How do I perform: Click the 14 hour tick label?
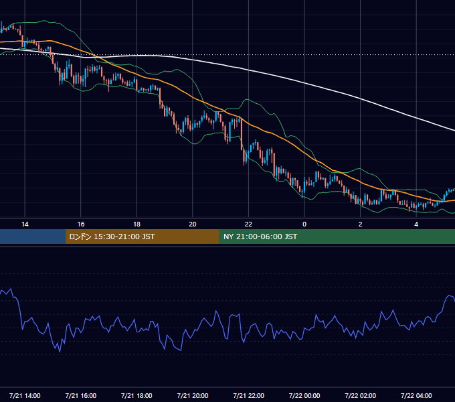(25, 224)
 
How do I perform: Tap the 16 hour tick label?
(81, 224)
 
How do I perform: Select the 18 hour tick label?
(136, 224)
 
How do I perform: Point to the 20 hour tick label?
(193, 224)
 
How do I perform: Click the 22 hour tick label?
(248, 224)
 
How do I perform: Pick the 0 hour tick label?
(304, 224)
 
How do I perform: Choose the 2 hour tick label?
(361, 224)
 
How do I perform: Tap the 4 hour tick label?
(416, 224)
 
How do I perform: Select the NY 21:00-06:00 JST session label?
(260, 237)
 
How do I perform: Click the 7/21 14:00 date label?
(25, 395)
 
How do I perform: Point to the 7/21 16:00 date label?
(81, 395)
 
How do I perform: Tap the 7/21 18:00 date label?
(136, 395)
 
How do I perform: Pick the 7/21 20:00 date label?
(193, 395)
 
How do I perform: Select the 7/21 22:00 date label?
(249, 395)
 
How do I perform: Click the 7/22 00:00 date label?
(304, 395)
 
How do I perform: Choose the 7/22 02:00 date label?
(361, 395)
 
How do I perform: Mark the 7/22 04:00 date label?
(416, 395)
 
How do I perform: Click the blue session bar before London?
(33, 237)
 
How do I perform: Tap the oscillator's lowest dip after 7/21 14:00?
(60, 352)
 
